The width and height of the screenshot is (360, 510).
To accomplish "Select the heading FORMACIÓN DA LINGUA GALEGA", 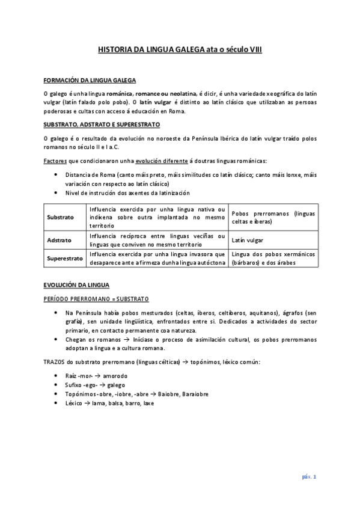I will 90,80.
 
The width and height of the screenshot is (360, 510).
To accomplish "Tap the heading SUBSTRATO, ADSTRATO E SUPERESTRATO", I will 102,124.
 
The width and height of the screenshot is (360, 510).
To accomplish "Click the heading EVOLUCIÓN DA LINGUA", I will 76,284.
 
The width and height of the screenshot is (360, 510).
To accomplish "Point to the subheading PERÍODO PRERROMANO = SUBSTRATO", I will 96,298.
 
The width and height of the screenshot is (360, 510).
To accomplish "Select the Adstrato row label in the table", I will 59,239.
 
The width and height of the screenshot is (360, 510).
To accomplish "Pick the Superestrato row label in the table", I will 64,258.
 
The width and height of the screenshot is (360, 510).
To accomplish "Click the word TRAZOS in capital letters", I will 55,361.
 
